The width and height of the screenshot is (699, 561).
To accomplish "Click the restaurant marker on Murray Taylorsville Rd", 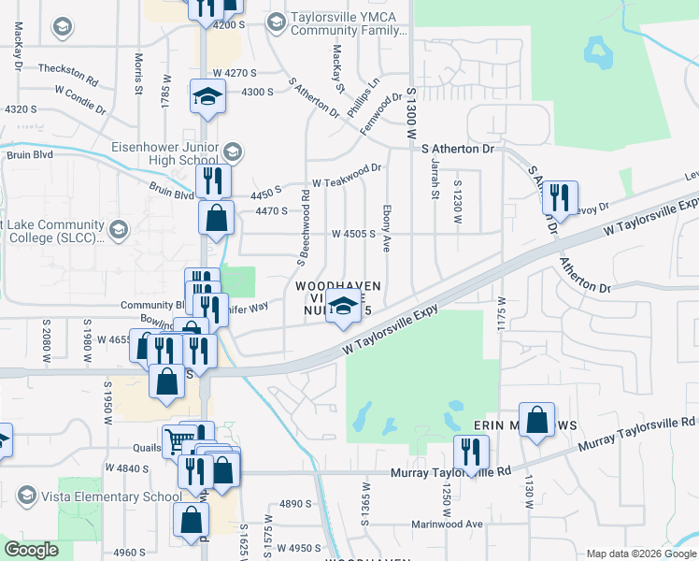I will [471, 453].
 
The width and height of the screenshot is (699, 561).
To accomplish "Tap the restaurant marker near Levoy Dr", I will [560, 197].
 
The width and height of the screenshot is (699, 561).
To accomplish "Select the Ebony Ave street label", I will [386, 230].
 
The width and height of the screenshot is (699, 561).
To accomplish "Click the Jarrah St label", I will [435, 178].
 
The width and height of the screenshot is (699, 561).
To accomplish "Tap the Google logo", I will [30, 551].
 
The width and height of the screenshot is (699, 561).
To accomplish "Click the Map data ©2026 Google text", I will [640, 554].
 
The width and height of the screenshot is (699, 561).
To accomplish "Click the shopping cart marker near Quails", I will [178, 439].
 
